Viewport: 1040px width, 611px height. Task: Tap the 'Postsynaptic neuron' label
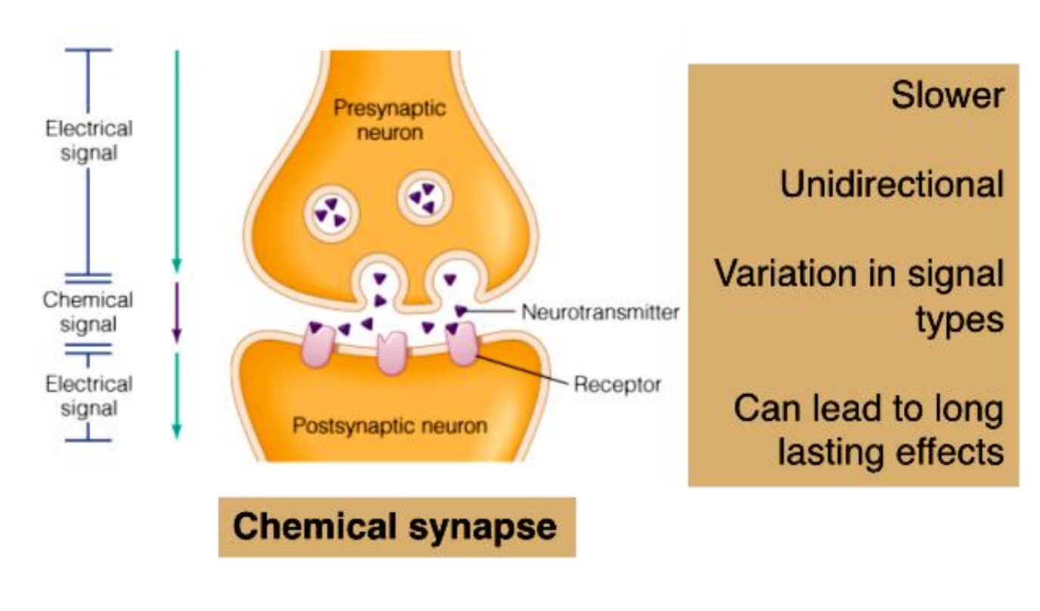pos(390,426)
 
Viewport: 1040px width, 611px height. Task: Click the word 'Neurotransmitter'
pos(600,312)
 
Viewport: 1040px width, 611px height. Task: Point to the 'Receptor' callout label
pos(617,384)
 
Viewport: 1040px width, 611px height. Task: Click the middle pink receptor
pos(392,352)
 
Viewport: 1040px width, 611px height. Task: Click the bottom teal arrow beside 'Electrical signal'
pos(176,395)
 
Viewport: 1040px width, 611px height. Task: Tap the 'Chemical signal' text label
pos(88,312)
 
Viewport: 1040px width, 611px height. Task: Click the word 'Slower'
pos(947,96)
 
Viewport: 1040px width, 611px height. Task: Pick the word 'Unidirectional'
pos(892,185)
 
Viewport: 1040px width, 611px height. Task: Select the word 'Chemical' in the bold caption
pos(317,526)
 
